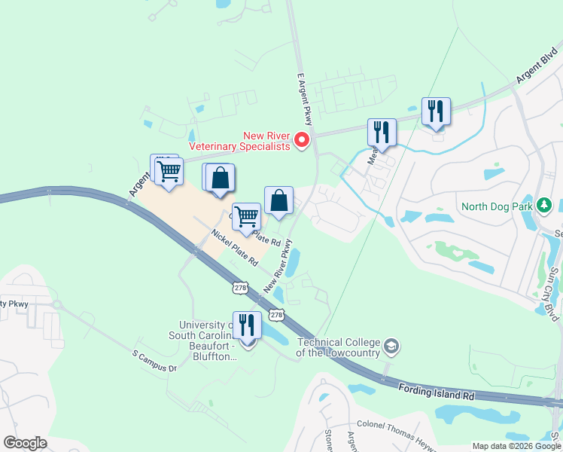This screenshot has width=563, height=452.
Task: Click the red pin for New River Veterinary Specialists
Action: pos(301,140)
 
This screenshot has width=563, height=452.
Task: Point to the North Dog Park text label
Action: pos(498,206)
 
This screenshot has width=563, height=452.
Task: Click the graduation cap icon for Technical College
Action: pos(391,347)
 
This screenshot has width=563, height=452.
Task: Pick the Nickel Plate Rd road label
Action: pos(234,249)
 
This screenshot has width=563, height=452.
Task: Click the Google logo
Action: pos(25,443)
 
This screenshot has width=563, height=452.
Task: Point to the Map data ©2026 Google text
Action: pos(516,446)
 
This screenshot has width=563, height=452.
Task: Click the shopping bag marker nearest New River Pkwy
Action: pos(278,200)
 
